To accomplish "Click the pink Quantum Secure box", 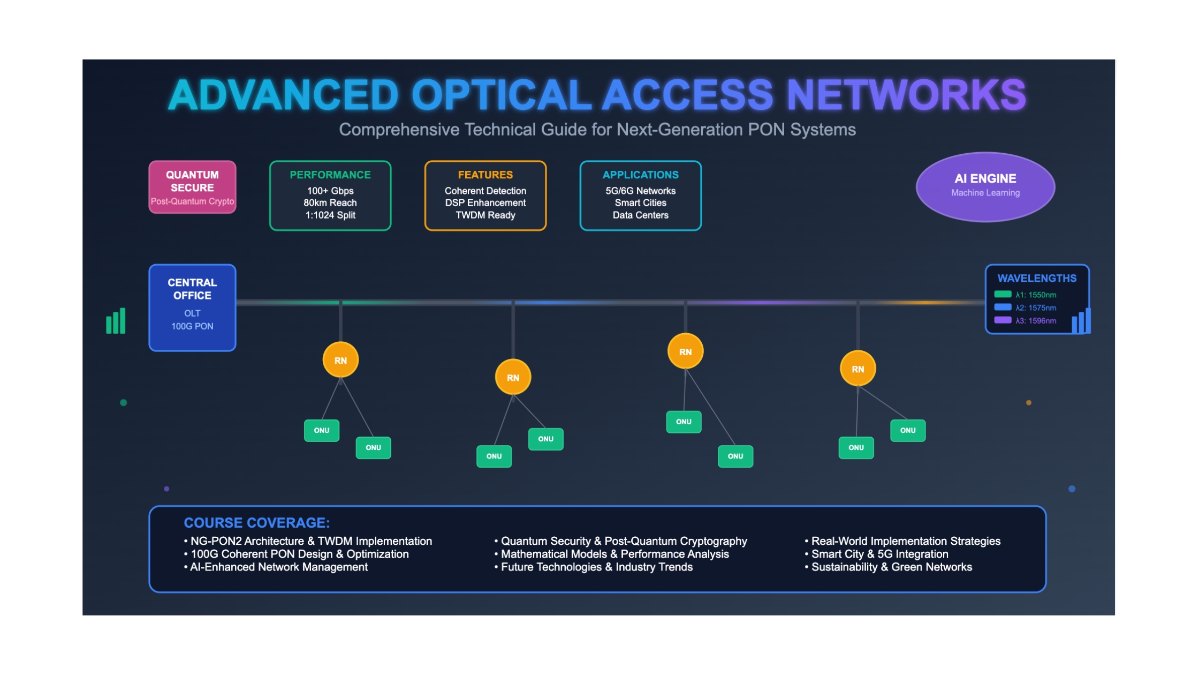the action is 192,187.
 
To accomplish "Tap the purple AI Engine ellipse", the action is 985,186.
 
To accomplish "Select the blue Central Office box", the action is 192,307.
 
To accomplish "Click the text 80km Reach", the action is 330,203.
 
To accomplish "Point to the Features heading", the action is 485,175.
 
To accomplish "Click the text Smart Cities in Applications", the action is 640,203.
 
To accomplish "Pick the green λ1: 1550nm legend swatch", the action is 1003,294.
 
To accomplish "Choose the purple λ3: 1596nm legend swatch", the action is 1003,320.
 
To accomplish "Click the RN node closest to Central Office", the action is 340,360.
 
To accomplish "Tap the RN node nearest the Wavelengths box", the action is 857,369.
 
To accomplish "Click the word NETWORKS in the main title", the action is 906,95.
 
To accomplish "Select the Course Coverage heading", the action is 257,523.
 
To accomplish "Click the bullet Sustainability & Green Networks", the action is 889,567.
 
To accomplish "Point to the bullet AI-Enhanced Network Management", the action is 276,567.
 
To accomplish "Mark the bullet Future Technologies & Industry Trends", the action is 594,567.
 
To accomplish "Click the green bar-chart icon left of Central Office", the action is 116,321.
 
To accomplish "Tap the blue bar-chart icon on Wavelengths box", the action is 1081,321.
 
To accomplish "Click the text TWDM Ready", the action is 485,215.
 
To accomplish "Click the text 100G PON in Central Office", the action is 192,326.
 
